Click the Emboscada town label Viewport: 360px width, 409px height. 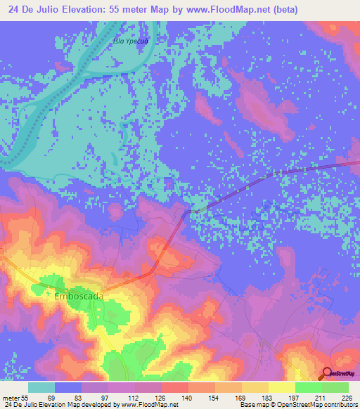click(x=79, y=297)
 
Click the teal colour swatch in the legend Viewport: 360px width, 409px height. click(x=41, y=387)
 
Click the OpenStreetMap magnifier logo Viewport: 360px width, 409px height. click(x=326, y=373)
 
